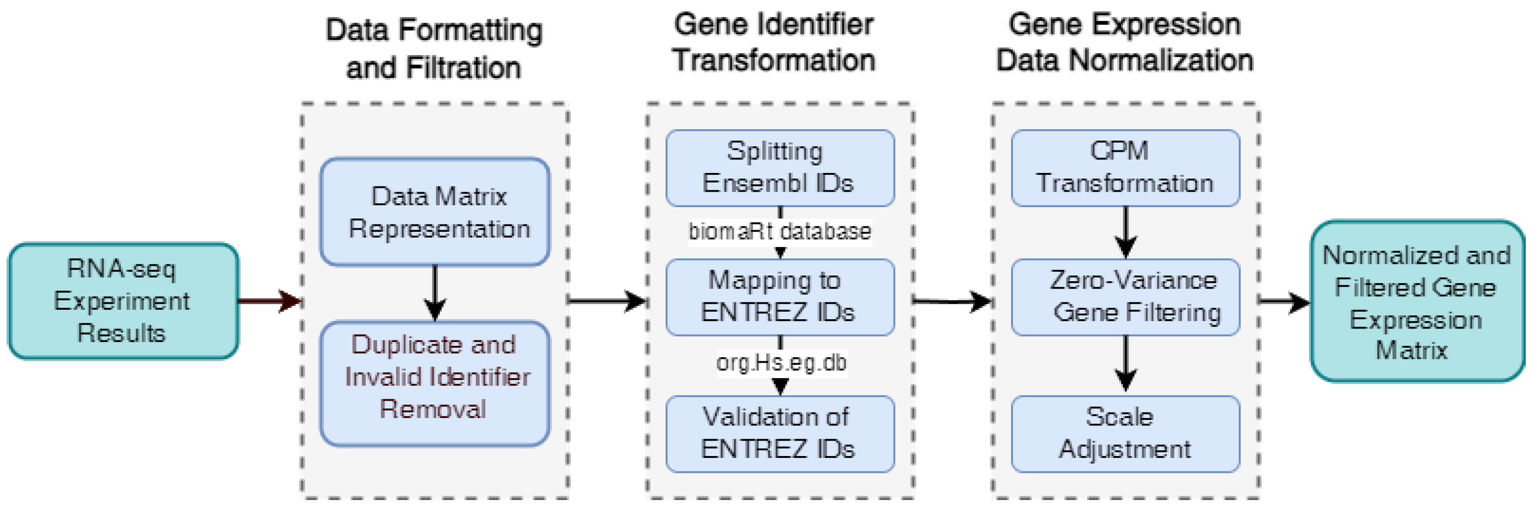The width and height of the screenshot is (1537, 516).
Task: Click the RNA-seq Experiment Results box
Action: (x=123, y=300)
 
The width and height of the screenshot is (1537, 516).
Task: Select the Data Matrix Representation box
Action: (x=435, y=212)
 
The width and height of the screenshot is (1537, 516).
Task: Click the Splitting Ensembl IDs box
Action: (x=779, y=168)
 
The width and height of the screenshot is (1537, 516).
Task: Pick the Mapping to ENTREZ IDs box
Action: (x=779, y=297)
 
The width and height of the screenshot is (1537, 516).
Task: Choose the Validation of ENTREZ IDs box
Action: (x=779, y=434)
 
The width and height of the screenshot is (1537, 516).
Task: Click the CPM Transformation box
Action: (x=1125, y=168)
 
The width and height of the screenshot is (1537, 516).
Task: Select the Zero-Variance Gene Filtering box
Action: (x=1125, y=297)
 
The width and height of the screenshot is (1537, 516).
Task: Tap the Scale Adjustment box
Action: (x=1125, y=434)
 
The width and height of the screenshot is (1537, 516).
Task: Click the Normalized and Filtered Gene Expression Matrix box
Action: (x=1417, y=300)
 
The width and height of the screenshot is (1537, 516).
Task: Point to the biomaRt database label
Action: (x=779, y=232)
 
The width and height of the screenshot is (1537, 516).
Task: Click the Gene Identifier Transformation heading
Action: (x=774, y=43)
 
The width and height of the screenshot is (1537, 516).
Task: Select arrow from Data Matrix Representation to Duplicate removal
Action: (x=435, y=292)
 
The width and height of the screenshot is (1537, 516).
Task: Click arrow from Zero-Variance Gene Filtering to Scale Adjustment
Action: (x=1125, y=364)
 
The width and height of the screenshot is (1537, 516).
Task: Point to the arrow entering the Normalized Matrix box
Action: (x=1284, y=302)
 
